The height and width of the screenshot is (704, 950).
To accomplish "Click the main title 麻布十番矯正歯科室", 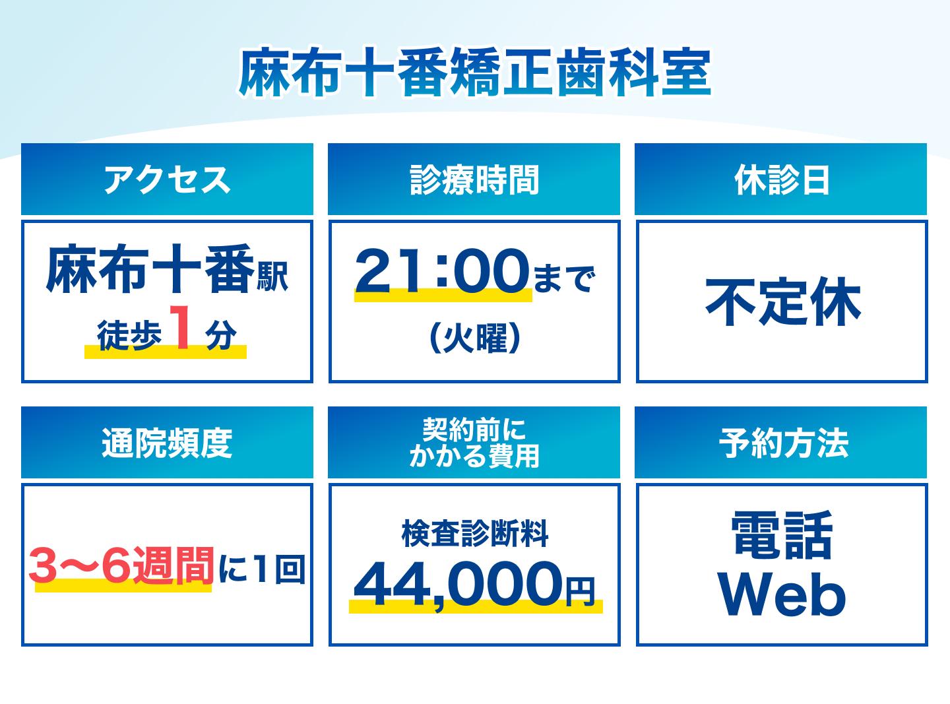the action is coord(474,73).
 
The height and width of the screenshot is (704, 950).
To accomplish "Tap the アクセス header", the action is coord(167,179).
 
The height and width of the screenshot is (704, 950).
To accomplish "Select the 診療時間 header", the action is coord(474,179).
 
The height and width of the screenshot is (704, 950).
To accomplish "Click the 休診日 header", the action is coord(781,179).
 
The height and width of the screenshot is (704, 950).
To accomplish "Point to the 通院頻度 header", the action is coord(167,443).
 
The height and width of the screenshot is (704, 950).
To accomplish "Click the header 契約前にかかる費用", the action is coord(474,443).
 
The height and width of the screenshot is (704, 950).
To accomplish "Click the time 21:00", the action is coord(442,271).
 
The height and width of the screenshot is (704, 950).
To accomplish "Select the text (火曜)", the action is coord(474,338).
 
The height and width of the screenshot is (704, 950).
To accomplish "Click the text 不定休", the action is coord(782,302).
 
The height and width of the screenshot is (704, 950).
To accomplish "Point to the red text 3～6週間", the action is coord(121,565).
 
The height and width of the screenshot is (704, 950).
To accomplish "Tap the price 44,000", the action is coord(458,585).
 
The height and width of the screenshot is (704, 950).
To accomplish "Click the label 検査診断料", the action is coord(474,534).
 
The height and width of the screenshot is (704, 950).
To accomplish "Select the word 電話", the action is coord(782,535).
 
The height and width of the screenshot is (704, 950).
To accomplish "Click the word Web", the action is coord(782,594).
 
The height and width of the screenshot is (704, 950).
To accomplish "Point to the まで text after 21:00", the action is coord(564,278).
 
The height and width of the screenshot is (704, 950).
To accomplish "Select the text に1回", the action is coord(262,568).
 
